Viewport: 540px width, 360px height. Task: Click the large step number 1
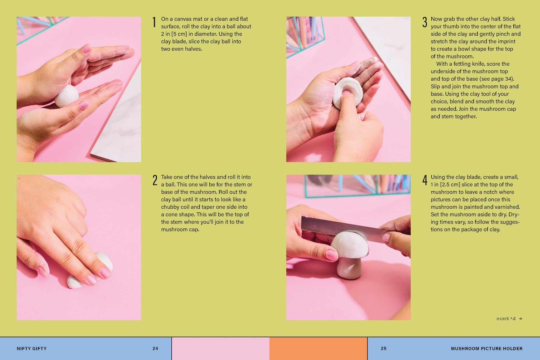point(154,22)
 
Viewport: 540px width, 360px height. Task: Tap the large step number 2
point(155,180)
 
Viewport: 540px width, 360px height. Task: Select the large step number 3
point(425,22)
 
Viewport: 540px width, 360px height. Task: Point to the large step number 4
point(425,180)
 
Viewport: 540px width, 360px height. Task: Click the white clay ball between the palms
point(67,96)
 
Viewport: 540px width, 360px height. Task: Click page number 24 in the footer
point(155,348)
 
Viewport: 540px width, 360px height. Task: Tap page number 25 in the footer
point(384,348)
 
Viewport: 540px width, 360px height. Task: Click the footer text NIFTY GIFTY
point(32,348)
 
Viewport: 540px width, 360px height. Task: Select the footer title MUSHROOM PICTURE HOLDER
point(486,348)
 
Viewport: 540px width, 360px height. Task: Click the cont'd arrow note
point(509,319)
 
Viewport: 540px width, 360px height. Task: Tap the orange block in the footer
point(318,349)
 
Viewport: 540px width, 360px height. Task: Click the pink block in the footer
point(221,349)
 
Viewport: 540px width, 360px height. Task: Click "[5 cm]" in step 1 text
point(179,34)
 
